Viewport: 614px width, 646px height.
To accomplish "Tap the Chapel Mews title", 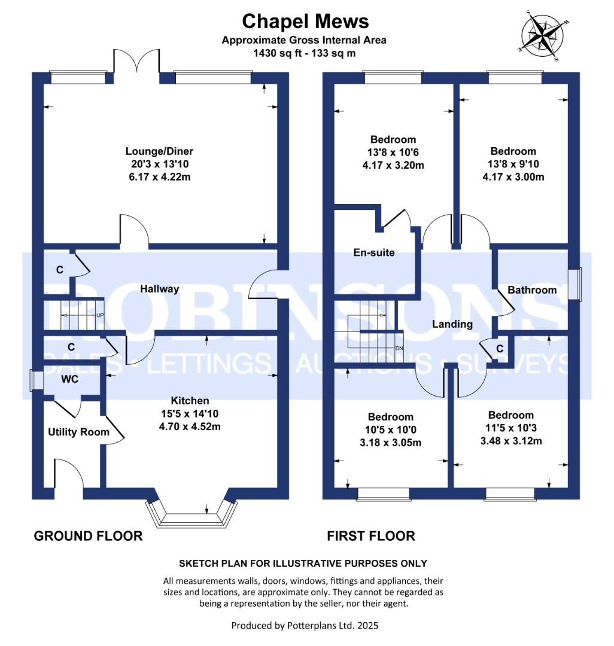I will click(x=305, y=22).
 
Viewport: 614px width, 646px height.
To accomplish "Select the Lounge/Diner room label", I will click(x=159, y=151).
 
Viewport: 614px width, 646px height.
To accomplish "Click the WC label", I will click(x=69, y=379).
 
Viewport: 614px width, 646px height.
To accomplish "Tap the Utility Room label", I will click(x=78, y=432).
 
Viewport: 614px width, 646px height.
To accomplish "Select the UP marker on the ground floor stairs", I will click(x=100, y=315).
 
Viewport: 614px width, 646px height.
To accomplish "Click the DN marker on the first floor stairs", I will click(x=398, y=348).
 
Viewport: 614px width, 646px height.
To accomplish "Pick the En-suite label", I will click(x=373, y=252).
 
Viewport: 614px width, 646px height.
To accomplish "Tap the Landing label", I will click(x=452, y=324).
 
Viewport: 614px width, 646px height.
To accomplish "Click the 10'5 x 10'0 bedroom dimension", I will click(x=390, y=430).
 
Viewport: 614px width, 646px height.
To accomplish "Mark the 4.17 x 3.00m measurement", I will click(x=513, y=178).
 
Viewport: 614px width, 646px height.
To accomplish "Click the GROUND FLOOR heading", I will click(x=88, y=536).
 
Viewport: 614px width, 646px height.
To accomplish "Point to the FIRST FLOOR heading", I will click(x=371, y=536).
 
